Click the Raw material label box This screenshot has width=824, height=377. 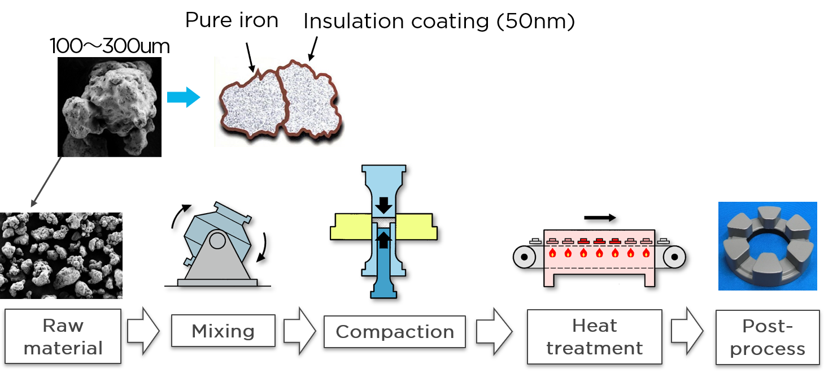click(x=63, y=336)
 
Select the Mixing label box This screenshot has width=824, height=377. click(x=223, y=331)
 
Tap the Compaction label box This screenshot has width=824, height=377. click(x=394, y=331)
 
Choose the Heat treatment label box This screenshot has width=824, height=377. click(x=594, y=336)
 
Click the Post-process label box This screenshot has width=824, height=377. click(x=767, y=337)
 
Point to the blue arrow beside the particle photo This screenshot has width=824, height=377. click(x=184, y=97)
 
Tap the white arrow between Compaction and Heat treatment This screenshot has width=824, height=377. click(x=493, y=331)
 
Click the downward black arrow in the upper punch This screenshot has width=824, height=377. click(x=383, y=205)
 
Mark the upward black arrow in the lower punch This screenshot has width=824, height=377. click(x=383, y=240)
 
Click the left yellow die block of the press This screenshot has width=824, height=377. click(x=351, y=226)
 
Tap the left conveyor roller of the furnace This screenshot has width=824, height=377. click(x=525, y=257)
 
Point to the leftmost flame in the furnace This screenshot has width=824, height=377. click(x=552, y=253)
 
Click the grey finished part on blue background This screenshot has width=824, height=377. click(x=767, y=246)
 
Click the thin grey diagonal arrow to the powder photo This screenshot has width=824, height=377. click(x=47, y=181)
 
